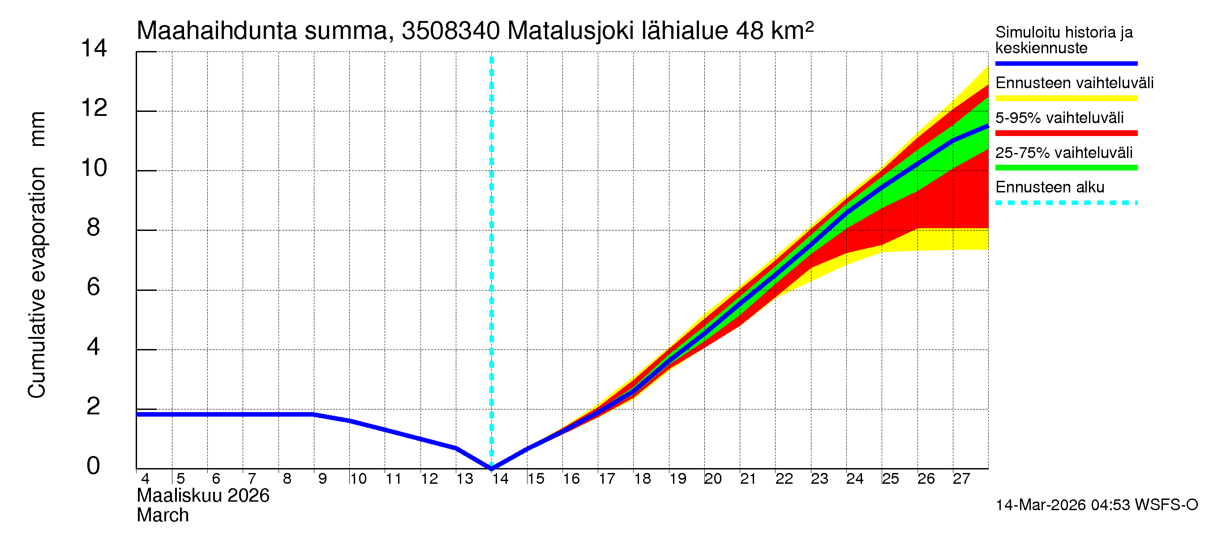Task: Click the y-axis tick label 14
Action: click(x=94, y=48)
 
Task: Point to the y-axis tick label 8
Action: click(x=94, y=227)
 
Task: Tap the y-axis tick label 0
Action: click(x=94, y=466)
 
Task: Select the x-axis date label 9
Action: click(x=322, y=479)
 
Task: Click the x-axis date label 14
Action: click(x=500, y=479)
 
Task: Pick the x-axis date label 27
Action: click(x=961, y=479)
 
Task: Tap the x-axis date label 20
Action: click(x=713, y=479)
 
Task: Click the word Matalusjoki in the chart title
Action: click(x=570, y=31)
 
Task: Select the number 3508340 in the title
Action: click(x=450, y=31)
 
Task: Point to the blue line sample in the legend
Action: click(x=1066, y=63)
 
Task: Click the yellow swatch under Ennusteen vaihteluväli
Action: click(x=1066, y=98)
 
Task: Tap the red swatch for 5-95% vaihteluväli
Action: click(x=1066, y=133)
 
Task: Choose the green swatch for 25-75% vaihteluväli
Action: click(x=1066, y=168)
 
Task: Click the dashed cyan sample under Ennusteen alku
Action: click(x=1066, y=203)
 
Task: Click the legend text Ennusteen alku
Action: click(x=1050, y=187)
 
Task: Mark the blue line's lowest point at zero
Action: click(x=491, y=468)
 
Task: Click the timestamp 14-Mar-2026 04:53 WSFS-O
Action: click(x=1096, y=505)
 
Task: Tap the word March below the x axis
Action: click(x=163, y=516)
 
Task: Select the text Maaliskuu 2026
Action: click(x=203, y=496)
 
